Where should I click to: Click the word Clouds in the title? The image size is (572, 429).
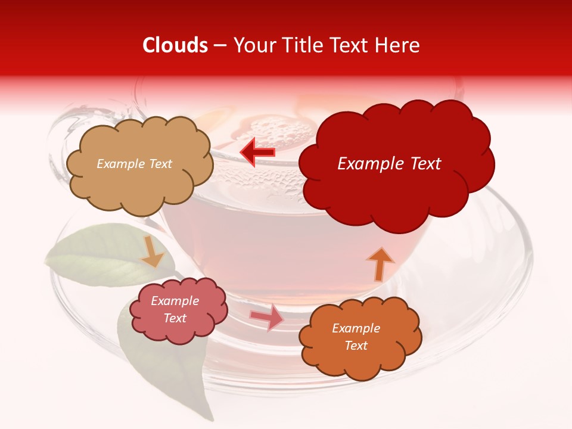pyautogui.click(x=175, y=45)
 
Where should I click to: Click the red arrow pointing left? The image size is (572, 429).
pyautogui.click(x=257, y=153)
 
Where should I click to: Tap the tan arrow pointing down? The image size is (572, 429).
pyautogui.click(x=153, y=251)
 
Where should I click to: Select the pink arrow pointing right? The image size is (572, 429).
pyautogui.click(x=268, y=317)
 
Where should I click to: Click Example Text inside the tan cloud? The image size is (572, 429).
pyautogui.click(x=134, y=164)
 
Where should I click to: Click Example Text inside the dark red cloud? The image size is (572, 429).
pyautogui.click(x=389, y=164)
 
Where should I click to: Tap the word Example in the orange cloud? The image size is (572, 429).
pyautogui.click(x=356, y=328)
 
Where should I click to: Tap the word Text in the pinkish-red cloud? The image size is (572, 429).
pyautogui.click(x=175, y=318)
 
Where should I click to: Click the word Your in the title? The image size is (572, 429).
pyautogui.click(x=253, y=45)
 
